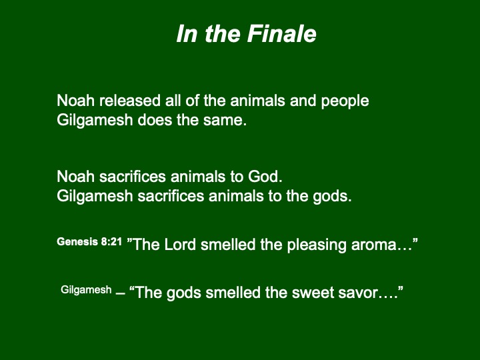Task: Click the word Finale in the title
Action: pos(281,34)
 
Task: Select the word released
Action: pos(130,101)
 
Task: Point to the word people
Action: pos(345,101)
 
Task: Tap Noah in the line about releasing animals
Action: pos(75,101)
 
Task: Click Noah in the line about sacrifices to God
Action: pos(75,177)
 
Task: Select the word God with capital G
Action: pos(265,177)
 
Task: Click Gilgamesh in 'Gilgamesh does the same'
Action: pos(95,121)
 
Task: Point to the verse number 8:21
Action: pos(112,241)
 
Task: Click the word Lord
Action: pos(180,244)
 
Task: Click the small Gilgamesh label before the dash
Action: pos(86,289)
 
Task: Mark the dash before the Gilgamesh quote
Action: pos(121,293)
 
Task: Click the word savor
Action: pos(362,293)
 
